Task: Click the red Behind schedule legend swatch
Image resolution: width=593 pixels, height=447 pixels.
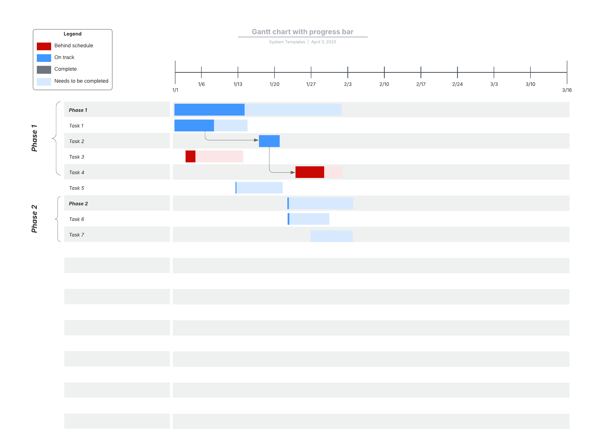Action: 44,46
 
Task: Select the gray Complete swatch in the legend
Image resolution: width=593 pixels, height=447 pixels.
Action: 44,70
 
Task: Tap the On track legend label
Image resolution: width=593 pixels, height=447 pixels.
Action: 64,57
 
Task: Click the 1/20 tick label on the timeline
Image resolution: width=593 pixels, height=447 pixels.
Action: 274,84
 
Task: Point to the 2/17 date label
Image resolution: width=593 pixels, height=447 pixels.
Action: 421,84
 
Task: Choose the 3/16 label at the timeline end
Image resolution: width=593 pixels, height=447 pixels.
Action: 567,90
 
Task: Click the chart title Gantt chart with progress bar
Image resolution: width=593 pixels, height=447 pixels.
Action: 302,32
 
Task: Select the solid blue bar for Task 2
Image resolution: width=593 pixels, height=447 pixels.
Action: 269,141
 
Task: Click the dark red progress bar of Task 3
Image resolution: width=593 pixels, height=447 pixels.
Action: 190,156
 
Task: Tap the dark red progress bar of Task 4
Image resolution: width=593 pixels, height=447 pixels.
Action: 310,172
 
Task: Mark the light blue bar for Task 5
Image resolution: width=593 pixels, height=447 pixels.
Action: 259,188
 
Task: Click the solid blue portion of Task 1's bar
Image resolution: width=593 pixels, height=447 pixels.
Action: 194,125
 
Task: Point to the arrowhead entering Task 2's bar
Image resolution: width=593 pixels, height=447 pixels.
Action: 256,140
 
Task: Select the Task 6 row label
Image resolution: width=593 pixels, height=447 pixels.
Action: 76,219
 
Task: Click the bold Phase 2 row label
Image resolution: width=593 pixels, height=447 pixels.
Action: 78,204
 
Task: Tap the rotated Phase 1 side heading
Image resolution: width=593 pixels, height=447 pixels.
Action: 34,138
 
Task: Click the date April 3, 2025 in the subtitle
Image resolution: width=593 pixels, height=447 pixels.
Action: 324,42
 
